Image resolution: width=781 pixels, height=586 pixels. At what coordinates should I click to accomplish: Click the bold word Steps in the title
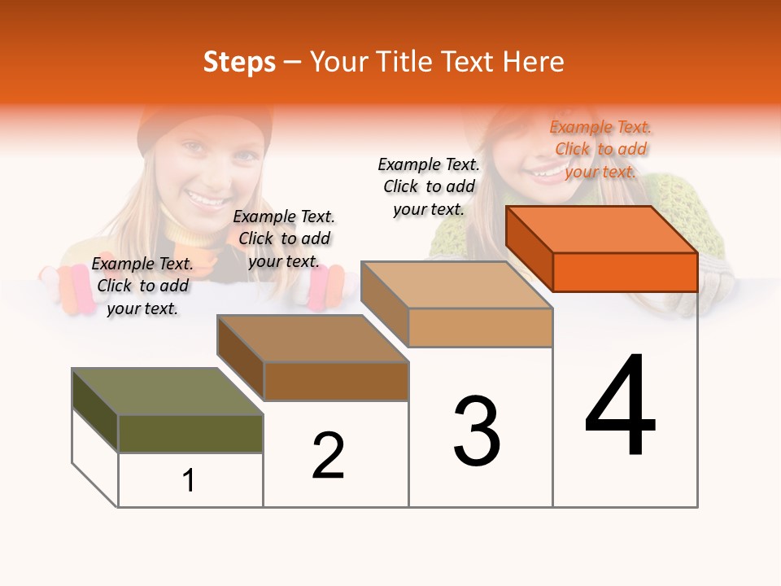pyautogui.click(x=239, y=62)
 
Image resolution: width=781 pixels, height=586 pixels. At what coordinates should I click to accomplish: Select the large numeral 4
pyautogui.click(x=621, y=407)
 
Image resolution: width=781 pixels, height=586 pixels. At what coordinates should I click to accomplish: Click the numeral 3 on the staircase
pyautogui.click(x=477, y=431)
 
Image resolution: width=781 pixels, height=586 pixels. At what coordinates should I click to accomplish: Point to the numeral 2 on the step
pyautogui.click(x=329, y=456)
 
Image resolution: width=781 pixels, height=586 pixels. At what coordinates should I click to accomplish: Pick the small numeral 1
pyautogui.click(x=189, y=480)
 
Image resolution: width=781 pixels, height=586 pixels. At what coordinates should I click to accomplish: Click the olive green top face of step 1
pyautogui.click(x=168, y=391)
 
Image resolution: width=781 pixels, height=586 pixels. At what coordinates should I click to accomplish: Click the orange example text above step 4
pyautogui.click(x=600, y=149)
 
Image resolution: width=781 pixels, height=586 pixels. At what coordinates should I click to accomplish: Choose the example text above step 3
pyautogui.click(x=429, y=186)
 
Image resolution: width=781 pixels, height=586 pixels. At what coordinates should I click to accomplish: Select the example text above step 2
pyautogui.click(x=284, y=238)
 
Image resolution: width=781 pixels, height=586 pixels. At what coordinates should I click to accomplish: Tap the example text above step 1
pyautogui.click(x=142, y=286)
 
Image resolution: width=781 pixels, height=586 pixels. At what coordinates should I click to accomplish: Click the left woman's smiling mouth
pyautogui.click(x=205, y=196)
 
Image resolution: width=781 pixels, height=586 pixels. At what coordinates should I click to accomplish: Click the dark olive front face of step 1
pyautogui.click(x=190, y=434)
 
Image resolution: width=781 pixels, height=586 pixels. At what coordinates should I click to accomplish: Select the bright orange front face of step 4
pyautogui.click(x=625, y=272)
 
